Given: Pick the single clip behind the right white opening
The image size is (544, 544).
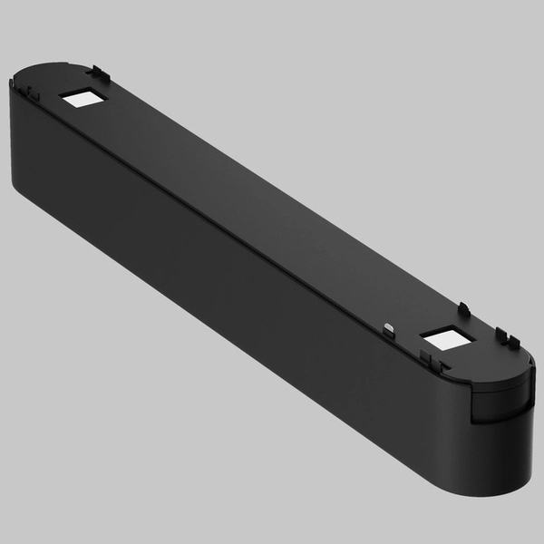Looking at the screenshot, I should (x=463, y=309).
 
